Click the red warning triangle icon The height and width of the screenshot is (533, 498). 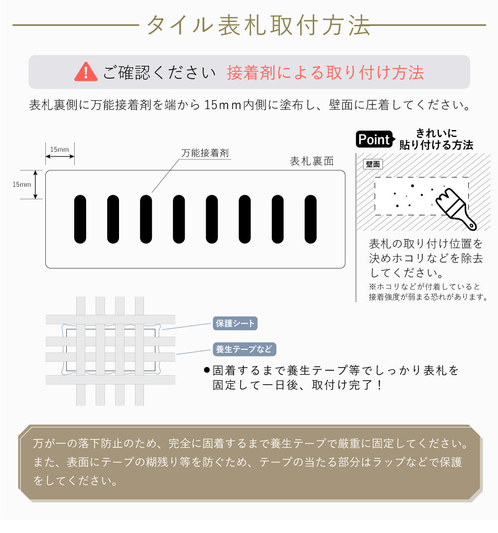(86, 72)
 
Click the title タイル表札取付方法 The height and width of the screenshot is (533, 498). (258, 25)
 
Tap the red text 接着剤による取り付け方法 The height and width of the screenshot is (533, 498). (325, 73)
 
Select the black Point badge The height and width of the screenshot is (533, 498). (374, 139)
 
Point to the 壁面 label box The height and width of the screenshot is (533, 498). (373, 164)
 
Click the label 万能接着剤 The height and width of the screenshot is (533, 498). (205, 153)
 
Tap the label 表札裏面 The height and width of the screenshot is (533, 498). (312, 161)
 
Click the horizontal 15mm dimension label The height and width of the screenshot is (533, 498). (60, 149)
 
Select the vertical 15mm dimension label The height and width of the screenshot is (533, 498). (21, 184)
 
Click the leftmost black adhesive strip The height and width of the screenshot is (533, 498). (80, 219)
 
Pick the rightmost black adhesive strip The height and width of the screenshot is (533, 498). (311, 219)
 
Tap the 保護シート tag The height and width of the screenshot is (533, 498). (235, 323)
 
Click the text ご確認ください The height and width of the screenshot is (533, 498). (159, 73)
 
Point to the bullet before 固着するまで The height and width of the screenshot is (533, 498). (207, 371)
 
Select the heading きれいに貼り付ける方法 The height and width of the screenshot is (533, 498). (436, 139)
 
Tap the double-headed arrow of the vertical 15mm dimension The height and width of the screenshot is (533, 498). (35, 184)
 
